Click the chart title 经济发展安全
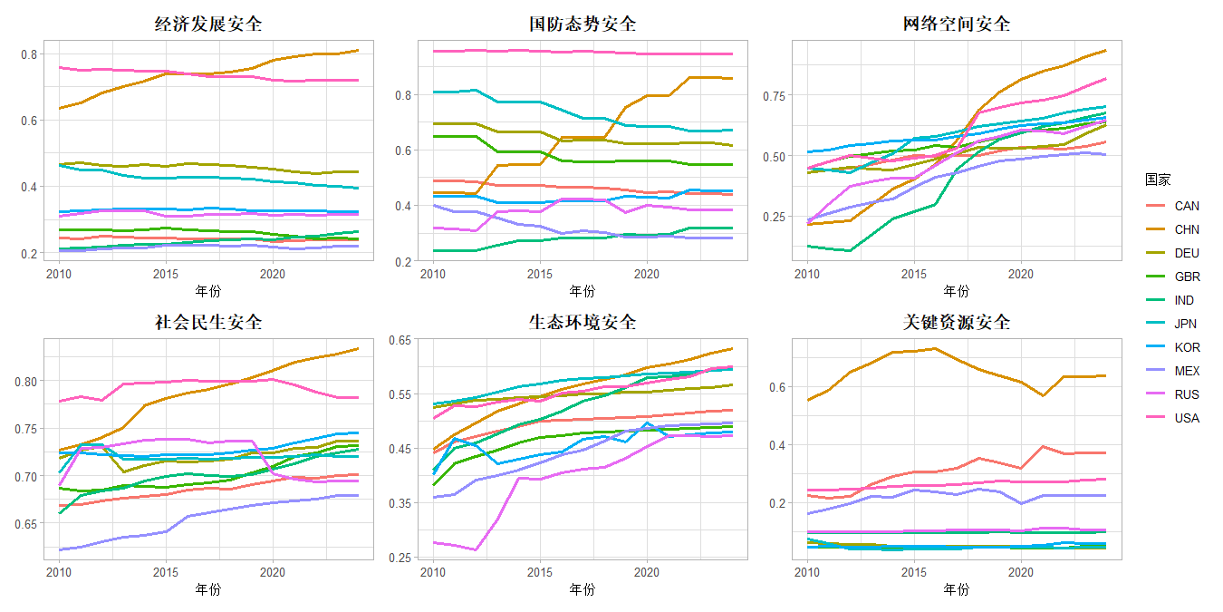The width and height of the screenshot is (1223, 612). [x=208, y=24]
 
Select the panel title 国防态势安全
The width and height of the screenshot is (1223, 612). [x=583, y=24]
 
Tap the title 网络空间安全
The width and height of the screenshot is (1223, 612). [x=957, y=24]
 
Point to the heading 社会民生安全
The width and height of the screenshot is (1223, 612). [x=208, y=323]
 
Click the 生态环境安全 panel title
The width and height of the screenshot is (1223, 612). [x=583, y=323]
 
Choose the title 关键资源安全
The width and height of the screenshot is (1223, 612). [x=957, y=323]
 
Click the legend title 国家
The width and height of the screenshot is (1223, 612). [x=1158, y=180]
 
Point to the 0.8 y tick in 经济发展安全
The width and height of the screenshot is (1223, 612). [x=30, y=54]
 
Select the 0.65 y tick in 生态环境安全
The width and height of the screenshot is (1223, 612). [x=400, y=339]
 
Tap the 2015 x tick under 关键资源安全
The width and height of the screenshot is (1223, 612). [x=914, y=572]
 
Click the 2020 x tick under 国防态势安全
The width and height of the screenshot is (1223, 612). [x=647, y=274]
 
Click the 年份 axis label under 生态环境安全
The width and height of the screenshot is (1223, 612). [x=583, y=590]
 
